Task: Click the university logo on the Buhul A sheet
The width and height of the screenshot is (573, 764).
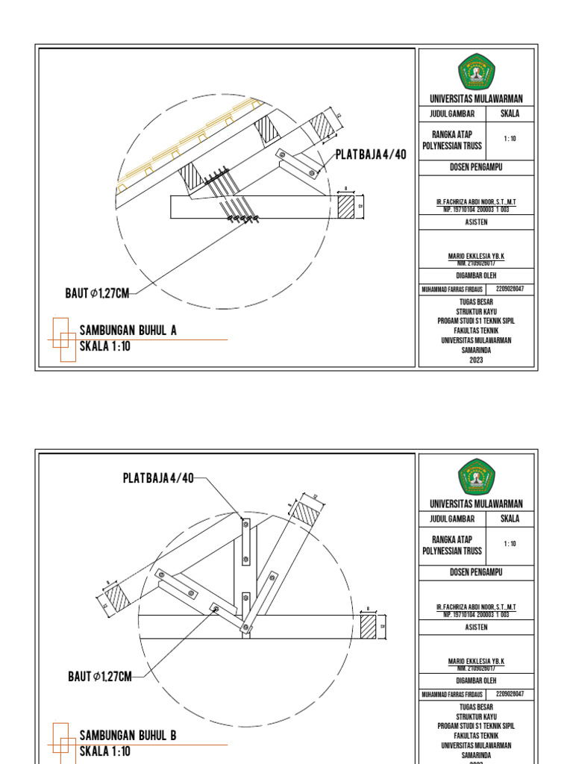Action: coord(476,72)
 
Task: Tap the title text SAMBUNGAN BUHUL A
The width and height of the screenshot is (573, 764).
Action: coord(128,331)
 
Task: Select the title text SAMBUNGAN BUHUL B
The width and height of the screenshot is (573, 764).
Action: coord(128,736)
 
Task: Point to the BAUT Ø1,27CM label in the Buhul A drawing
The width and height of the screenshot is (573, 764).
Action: coord(97,294)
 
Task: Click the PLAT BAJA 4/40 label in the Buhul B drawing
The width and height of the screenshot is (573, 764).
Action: coord(158,478)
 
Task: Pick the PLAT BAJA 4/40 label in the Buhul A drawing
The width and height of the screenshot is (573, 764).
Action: coord(371,154)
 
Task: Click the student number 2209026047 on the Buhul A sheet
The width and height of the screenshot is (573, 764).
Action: coord(510,289)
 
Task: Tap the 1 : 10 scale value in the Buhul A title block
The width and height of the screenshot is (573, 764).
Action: coord(510,139)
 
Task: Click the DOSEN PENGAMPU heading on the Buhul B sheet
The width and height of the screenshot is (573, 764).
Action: coord(476,572)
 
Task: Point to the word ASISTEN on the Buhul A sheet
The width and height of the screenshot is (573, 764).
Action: coord(476,222)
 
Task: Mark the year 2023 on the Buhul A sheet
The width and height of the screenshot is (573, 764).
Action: coord(476,360)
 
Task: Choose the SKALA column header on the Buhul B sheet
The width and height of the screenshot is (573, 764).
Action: coord(510,519)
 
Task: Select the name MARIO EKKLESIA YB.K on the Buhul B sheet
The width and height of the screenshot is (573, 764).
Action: coord(476,661)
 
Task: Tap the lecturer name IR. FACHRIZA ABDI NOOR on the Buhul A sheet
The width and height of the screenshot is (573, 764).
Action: coord(476,202)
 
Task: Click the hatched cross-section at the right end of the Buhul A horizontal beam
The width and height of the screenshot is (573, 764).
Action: coord(346,207)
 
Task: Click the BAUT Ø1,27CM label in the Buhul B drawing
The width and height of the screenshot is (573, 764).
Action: coord(99,677)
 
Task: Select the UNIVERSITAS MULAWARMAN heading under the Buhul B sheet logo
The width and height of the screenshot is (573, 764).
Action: coord(476,504)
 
